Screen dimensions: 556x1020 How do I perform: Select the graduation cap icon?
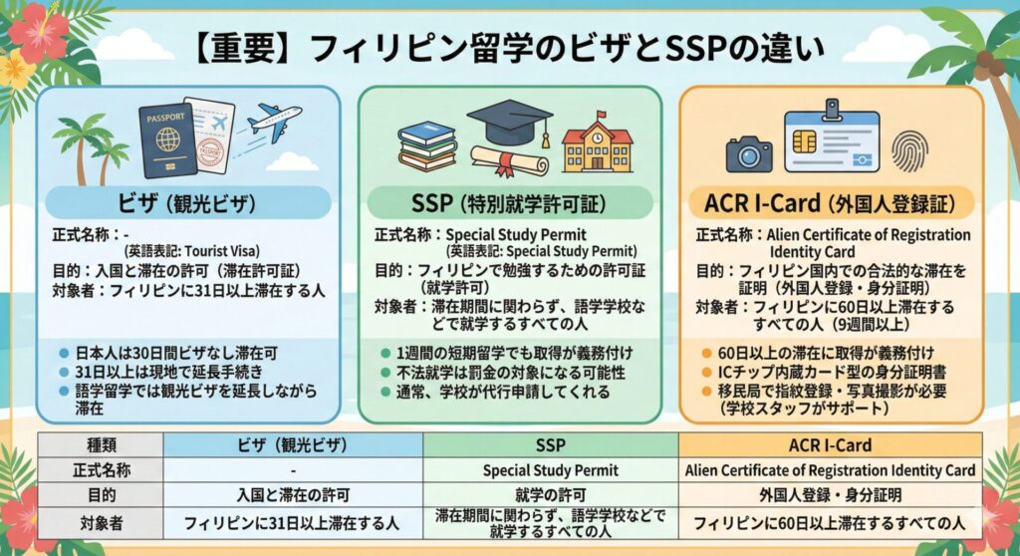click(x=508, y=124)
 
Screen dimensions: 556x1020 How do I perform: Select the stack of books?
click(x=426, y=146)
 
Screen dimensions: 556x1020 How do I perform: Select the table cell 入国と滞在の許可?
click(x=292, y=495)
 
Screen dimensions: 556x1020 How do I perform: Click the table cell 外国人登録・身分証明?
click(x=831, y=495)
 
